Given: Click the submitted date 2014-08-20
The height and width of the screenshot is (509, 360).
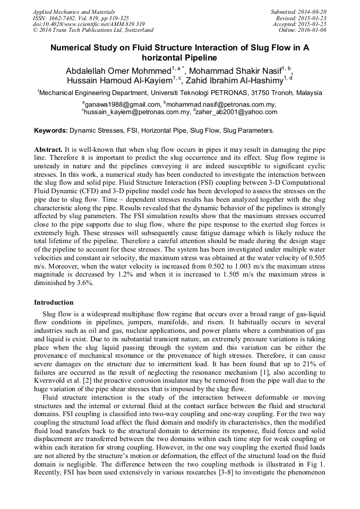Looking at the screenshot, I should (x=313, y=11).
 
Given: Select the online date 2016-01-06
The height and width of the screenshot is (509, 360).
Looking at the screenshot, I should (x=313, y=30).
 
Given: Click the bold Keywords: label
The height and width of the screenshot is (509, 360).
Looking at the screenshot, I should (x=51, y=130).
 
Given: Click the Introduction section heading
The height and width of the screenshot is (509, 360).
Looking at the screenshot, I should (x=54, y=303).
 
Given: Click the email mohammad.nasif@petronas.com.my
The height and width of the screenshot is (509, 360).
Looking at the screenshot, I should (x=221, y=105).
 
